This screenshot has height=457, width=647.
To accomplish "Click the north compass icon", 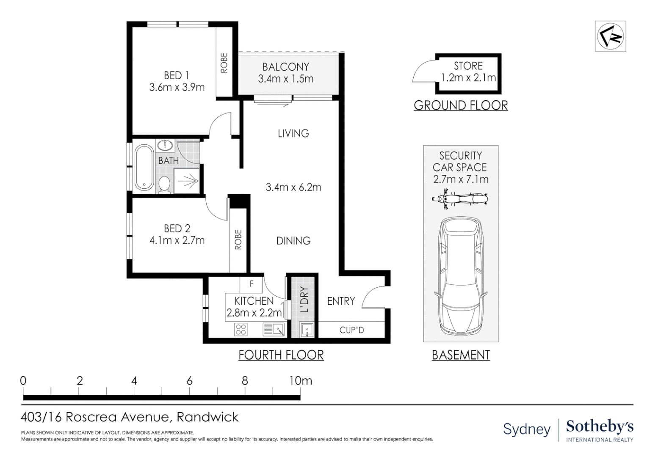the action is pos(610,36).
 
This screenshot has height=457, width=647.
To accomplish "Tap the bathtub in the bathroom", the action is pos(144,168).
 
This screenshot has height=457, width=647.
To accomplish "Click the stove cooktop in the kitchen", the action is pos(241,329).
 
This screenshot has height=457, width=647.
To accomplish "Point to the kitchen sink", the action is pos(274,329).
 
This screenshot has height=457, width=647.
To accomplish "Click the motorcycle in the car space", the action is pos(460,199).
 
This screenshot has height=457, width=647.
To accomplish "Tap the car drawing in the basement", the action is pos(461,276).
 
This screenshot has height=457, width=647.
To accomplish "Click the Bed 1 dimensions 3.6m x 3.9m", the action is pos(177,87).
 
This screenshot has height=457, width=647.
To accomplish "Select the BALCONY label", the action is pos(286,67).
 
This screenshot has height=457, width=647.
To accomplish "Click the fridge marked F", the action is pos(251,284).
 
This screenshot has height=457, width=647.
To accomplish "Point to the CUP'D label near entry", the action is pos(351,330).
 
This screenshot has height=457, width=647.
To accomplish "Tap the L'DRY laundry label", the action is pos(305,300).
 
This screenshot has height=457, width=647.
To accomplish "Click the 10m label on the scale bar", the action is pos(301,381).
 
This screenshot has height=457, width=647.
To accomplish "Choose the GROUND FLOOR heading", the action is pos(461,105).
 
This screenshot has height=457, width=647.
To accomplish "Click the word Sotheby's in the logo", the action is pos(600,427).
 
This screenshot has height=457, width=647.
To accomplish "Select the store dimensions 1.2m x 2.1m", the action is pos(468,78).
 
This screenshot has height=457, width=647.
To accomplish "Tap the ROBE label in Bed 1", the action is pos(224,63).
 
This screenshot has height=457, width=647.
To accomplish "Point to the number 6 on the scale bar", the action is pos(189,381).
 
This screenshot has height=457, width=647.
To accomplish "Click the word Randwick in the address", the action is pos(207,417).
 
